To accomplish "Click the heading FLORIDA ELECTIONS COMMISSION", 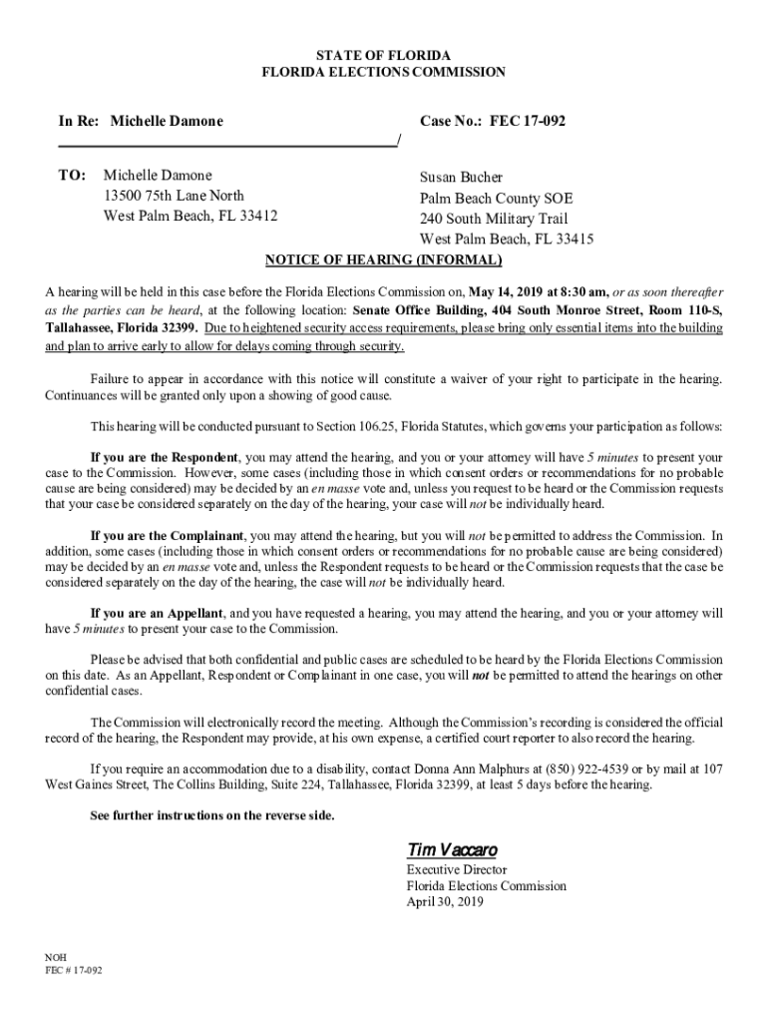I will tap(383, 72).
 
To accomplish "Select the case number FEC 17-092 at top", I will tap(529, 121).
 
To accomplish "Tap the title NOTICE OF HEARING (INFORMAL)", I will tap(383, 260).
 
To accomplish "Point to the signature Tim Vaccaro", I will tap(451, 849).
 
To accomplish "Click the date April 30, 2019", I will tap(444, 901).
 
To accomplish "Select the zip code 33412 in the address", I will tap(257, 216).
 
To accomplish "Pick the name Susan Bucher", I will tap(462, 177).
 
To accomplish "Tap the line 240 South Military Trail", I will tap(494, 219).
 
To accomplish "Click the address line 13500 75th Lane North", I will tap(174, 195).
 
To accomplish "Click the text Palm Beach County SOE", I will tap(496, 198).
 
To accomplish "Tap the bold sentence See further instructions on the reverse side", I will tap(212, 815).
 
